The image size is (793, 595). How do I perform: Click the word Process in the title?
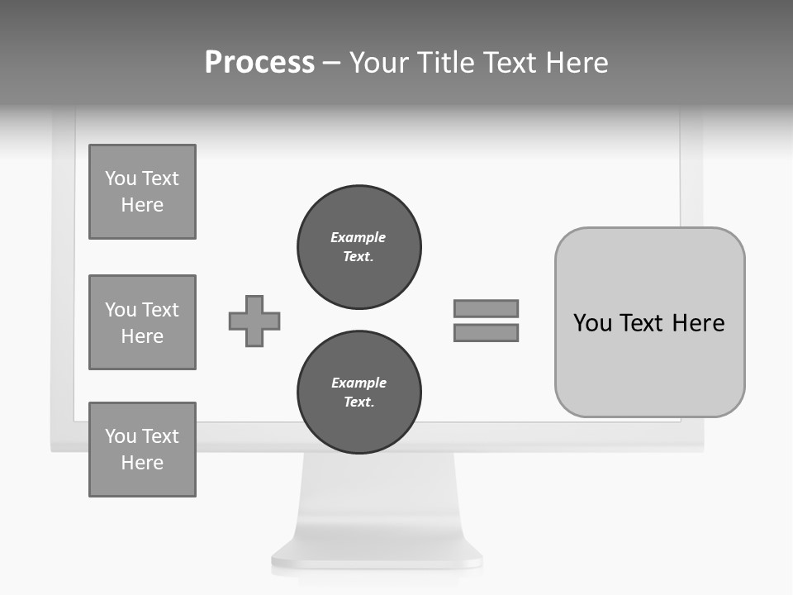tap(259, 63)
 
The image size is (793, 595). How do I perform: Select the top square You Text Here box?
tap(142, 192)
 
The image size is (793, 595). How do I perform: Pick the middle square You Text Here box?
tap(142, 322)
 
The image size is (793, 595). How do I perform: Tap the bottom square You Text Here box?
tap(142, 450)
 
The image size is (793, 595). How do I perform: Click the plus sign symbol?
tap(254, 321)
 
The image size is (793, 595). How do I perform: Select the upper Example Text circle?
tap(359, 247)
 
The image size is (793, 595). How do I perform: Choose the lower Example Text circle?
tap(359, 393)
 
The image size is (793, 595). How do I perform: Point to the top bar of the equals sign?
tap(486, 308)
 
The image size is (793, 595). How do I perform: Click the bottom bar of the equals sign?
tap(486, 333)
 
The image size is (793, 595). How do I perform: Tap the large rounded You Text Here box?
tap(649, 322)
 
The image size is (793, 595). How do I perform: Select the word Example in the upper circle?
tap(359, 237)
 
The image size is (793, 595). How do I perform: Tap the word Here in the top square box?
tap(142, 205)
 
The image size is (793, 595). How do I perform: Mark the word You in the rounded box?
tap(592, 322)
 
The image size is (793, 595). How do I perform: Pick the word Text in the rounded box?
tap(645, 322)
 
